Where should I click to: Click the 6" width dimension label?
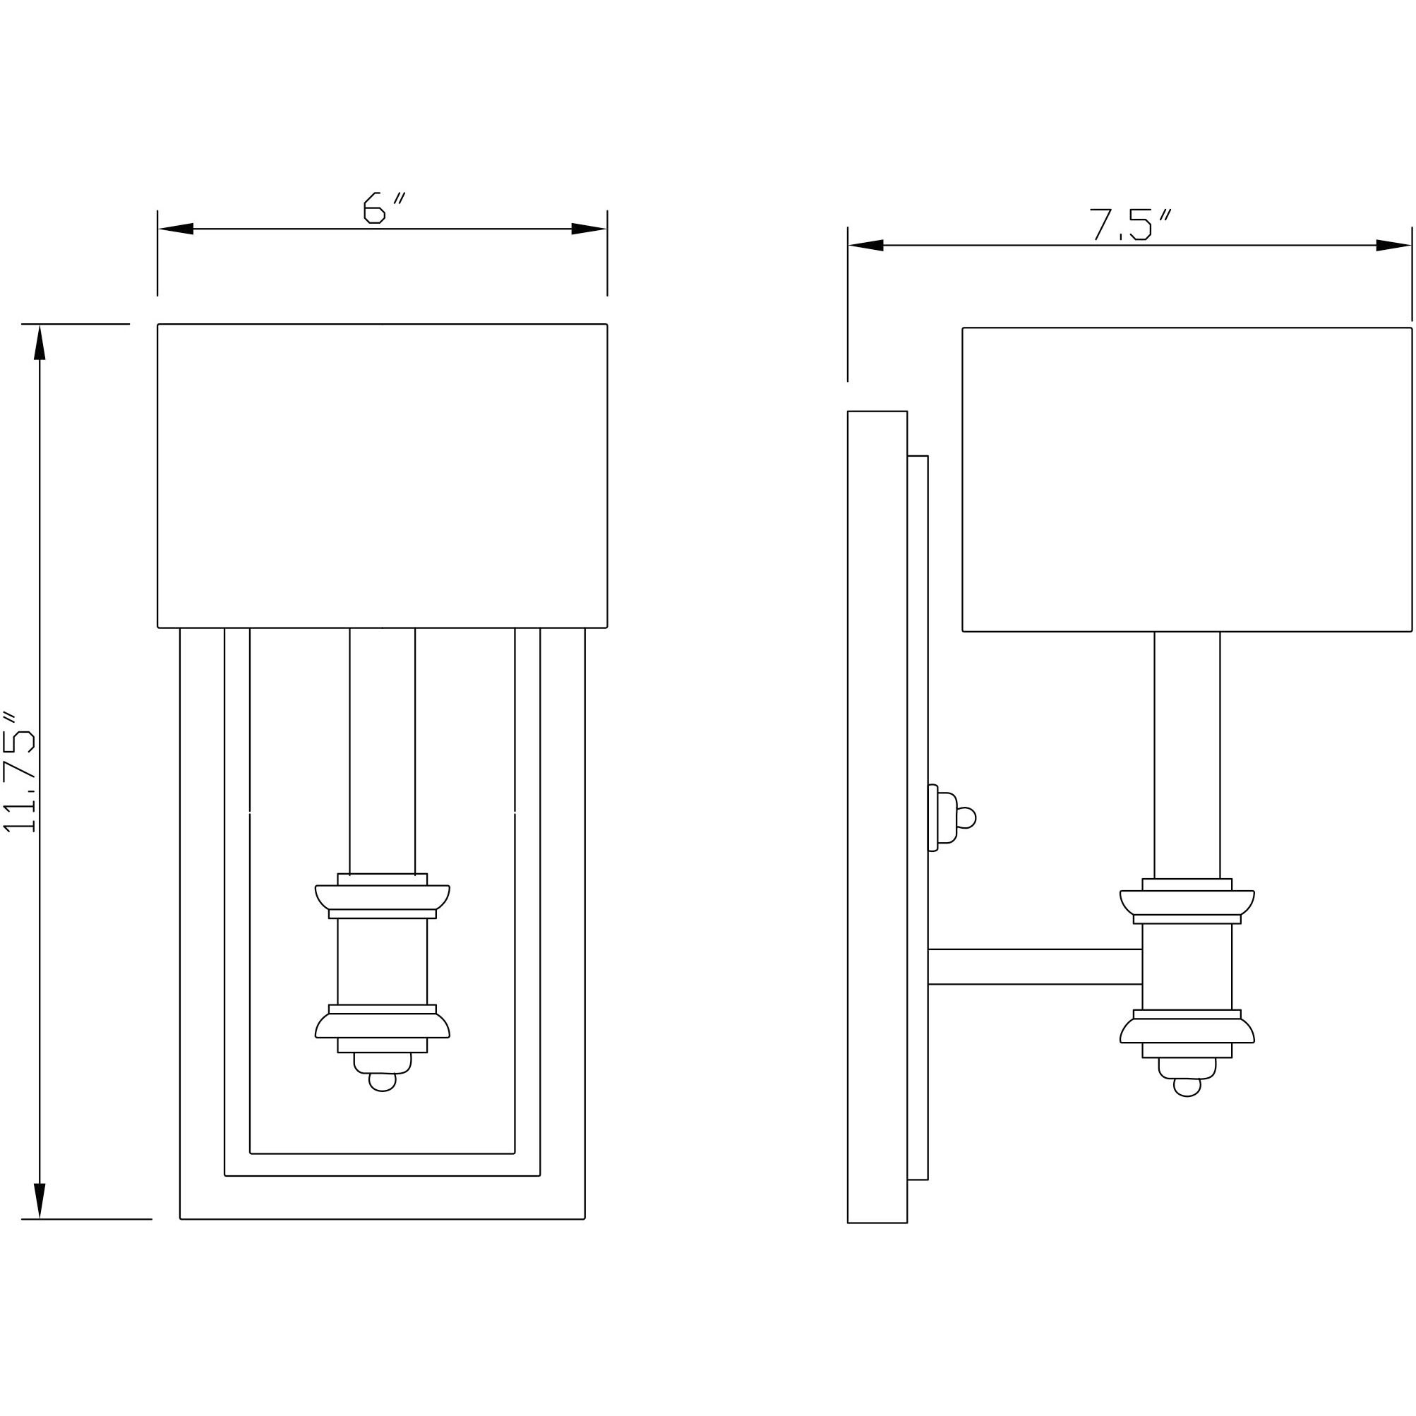coord(383,208)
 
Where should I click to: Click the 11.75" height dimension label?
coord(20,771)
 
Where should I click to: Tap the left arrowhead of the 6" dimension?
coord(176,229)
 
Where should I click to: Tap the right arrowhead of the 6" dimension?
coord(589,229)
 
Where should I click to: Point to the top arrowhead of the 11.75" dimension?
coord(40,342)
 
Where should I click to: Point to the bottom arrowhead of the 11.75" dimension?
coord(40,1201)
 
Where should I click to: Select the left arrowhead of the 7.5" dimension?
coord(865,246)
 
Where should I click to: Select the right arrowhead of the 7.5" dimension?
coord(1393,246)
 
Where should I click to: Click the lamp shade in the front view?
coord(382,475)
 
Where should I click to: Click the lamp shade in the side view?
coord(1187,479)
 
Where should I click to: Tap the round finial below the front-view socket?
coord(382,1081)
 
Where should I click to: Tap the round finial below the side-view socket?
coord(1187,1087)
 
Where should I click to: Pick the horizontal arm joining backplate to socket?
coord(1034,967)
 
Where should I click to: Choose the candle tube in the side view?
coord(1187,755)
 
